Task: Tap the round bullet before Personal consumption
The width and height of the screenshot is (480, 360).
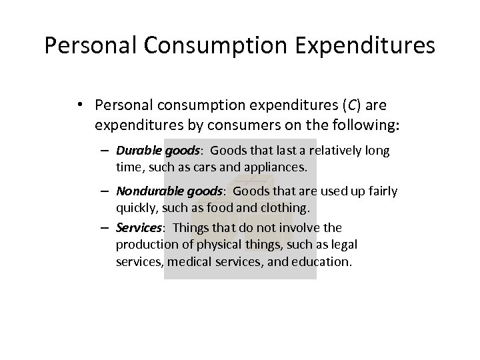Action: pos(80,105)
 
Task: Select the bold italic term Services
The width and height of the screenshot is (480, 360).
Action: pos(137,227)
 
